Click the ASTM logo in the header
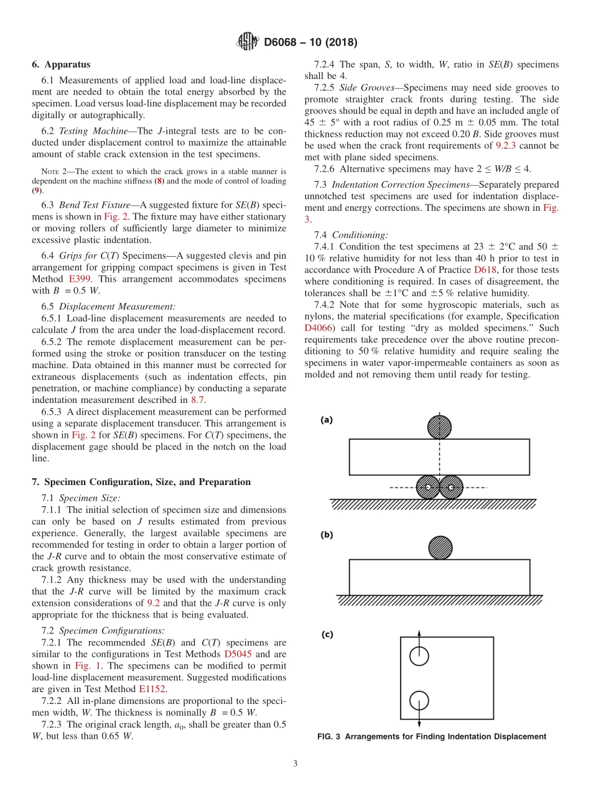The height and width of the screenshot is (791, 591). click(x=248, y=42)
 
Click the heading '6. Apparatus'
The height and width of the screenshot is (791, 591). click(x=61, y=64)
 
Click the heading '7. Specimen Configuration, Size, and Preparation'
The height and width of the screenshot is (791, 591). click(x=141, y=482)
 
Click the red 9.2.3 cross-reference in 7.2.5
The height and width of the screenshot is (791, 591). click(x=508, y=146)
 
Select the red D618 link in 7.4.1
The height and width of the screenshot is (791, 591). click(x=485, y=269)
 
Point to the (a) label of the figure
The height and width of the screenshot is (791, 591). click(x=327, y=420)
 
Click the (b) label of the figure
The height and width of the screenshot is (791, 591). click(x=327, y=535)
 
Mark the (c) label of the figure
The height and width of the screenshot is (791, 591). click(x=327, y=635)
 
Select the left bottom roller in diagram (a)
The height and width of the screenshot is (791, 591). click(x=428, y=488)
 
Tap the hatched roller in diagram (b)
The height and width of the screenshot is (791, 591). click(x=440, y=548)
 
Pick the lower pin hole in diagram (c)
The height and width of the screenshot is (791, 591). click(x=419, y=701)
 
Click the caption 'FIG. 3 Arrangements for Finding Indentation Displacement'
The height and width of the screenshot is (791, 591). click(x=431, y=736)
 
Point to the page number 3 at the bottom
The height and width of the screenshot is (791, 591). click(x=295, y=764)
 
